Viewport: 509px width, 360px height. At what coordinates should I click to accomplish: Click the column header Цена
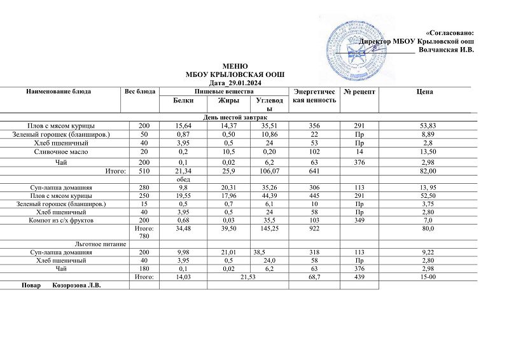[x=425, y=92]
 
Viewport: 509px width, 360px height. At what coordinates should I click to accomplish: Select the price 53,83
[x=425, y=126]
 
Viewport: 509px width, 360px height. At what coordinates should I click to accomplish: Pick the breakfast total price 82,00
[x=425, y=171]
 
